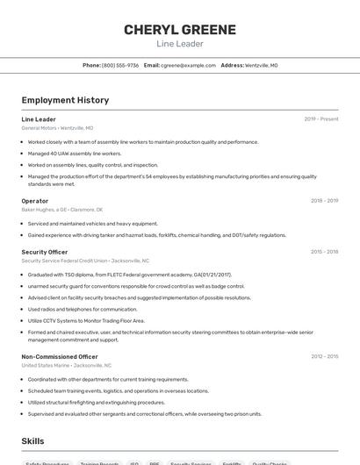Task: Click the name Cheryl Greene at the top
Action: coord(180,30)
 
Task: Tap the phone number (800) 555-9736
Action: coord(119,65)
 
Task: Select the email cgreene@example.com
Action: coord(188,65)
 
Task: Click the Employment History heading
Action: coord(65,101)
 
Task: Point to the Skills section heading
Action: coord(32,441)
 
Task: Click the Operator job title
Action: coord(35,201)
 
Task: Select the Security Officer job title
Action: coord(45,252)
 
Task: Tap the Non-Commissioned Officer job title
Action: coord(60,357)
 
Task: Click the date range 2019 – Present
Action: coord(320,119)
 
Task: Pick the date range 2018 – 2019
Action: coord(324,201)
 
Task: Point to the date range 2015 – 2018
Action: coord(324,252)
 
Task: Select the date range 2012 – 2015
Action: coord(324,357)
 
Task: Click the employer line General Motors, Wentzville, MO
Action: coord(57,128)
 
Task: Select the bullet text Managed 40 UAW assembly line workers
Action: coord(75,154)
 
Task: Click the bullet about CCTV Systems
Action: coord(86,321)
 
